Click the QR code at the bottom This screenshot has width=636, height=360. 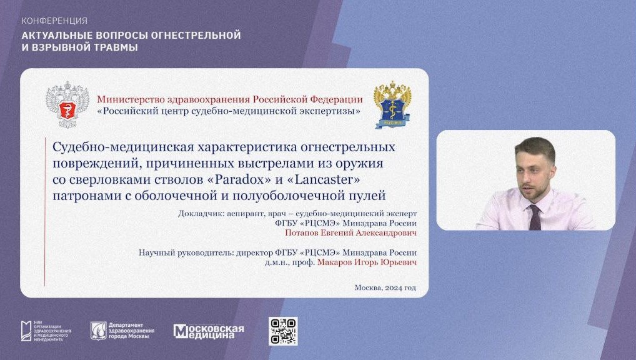[283, 331]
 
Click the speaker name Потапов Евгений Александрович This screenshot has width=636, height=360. [350, 233]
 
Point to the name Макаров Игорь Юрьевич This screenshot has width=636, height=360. [367, 262]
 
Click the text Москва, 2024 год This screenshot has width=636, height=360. [385, 287]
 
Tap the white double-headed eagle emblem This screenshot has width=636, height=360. [67, 105]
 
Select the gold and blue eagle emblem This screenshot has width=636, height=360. [392, 105]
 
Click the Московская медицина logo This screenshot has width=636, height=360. [209, 331]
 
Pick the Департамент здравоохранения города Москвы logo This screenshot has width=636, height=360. [122, 331]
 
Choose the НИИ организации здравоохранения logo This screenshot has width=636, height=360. [46, 331]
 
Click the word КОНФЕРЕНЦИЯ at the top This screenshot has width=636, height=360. [54, 21]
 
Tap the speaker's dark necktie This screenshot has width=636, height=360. [535, 217]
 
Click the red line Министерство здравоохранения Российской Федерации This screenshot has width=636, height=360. [229, 99]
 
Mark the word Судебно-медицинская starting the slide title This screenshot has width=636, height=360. [123, 147]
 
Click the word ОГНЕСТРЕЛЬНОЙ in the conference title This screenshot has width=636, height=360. [196, 35]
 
